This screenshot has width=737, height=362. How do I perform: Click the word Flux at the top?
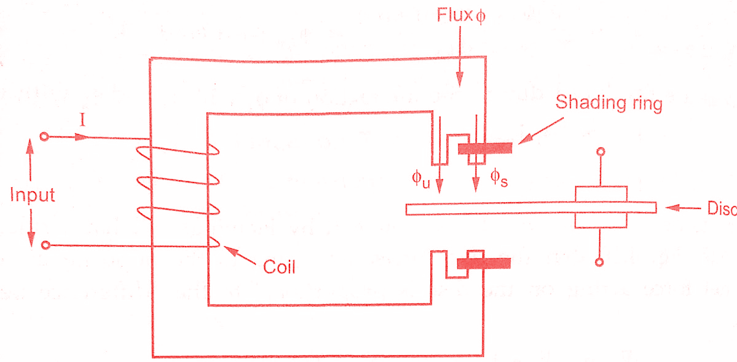click(453, 16)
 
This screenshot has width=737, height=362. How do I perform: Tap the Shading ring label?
click(609, 103)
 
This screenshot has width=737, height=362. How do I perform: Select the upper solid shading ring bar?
click(485, 148)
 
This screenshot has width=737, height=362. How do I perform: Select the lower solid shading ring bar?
click(485, 264)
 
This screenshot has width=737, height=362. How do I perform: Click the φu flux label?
click(420, 178)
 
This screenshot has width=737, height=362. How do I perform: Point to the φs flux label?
click(499, 178)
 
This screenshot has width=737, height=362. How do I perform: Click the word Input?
click(33, 195)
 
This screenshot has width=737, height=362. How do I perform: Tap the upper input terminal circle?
click(44, 137)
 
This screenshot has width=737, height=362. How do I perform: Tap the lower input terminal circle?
click(44, 245)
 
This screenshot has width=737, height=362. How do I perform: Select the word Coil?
click(279, 267)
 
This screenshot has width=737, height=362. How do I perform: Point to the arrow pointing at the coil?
click(240, 256)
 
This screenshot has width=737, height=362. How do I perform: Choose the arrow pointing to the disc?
click(683, 208)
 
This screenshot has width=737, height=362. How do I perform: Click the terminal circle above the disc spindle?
click(601, 151)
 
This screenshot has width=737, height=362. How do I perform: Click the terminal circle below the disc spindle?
click(601, 262)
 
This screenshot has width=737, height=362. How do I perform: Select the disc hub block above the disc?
click(601, 194)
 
